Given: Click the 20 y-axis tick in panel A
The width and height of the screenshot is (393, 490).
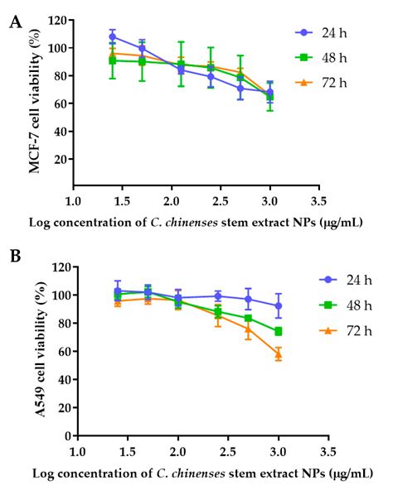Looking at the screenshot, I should pyautogui.click(x=59, y=159).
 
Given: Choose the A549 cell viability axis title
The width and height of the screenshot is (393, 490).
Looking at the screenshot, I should pyautogui.click(x=37, y=352).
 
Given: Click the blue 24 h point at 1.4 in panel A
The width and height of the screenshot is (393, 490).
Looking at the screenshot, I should pyautogui.click(x=113, y=36).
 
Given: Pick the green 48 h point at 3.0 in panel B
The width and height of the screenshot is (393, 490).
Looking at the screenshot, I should pyautogui.click(x=279, y=332).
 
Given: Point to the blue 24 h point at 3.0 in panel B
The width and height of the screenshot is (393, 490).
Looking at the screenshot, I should pyautogui.click(x=279, y=305).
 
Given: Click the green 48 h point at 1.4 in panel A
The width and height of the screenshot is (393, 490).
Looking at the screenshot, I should pyautogui.click(x=113, y=60).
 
